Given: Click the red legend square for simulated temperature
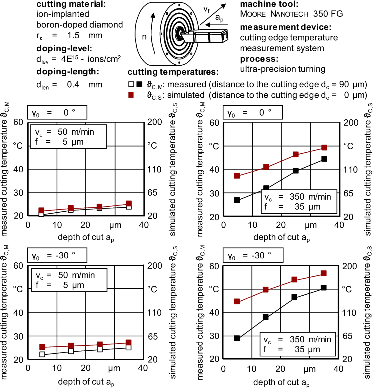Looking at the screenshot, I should point(131,95).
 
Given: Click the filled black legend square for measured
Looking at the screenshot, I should point(140,84).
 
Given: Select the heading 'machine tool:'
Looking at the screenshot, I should point(269,4).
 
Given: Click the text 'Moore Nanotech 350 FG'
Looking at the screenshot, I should point(291,14).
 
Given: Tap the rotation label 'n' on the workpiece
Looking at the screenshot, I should point(144,37).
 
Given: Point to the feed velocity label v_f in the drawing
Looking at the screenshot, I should point(206,10).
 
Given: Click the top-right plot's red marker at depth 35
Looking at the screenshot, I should point(324,147).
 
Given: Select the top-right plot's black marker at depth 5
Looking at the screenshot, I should point(237,200).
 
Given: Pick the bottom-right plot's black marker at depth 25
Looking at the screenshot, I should point(294,297).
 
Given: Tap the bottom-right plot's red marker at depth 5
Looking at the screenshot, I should point(237,301).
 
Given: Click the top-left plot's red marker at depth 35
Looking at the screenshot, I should point(129,204).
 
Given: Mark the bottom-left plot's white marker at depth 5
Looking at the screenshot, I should point(42,354).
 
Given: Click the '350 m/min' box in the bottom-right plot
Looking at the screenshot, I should point(298,344).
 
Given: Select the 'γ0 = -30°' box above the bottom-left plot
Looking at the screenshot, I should point(57,256).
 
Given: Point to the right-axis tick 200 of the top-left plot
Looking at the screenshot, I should point(154,122).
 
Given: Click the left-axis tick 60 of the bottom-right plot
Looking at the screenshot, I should point(214,266).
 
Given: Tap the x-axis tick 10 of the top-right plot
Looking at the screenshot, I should point(252,225).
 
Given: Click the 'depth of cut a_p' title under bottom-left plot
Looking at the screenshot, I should point(86,382).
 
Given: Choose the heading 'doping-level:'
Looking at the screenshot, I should point(64,48).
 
